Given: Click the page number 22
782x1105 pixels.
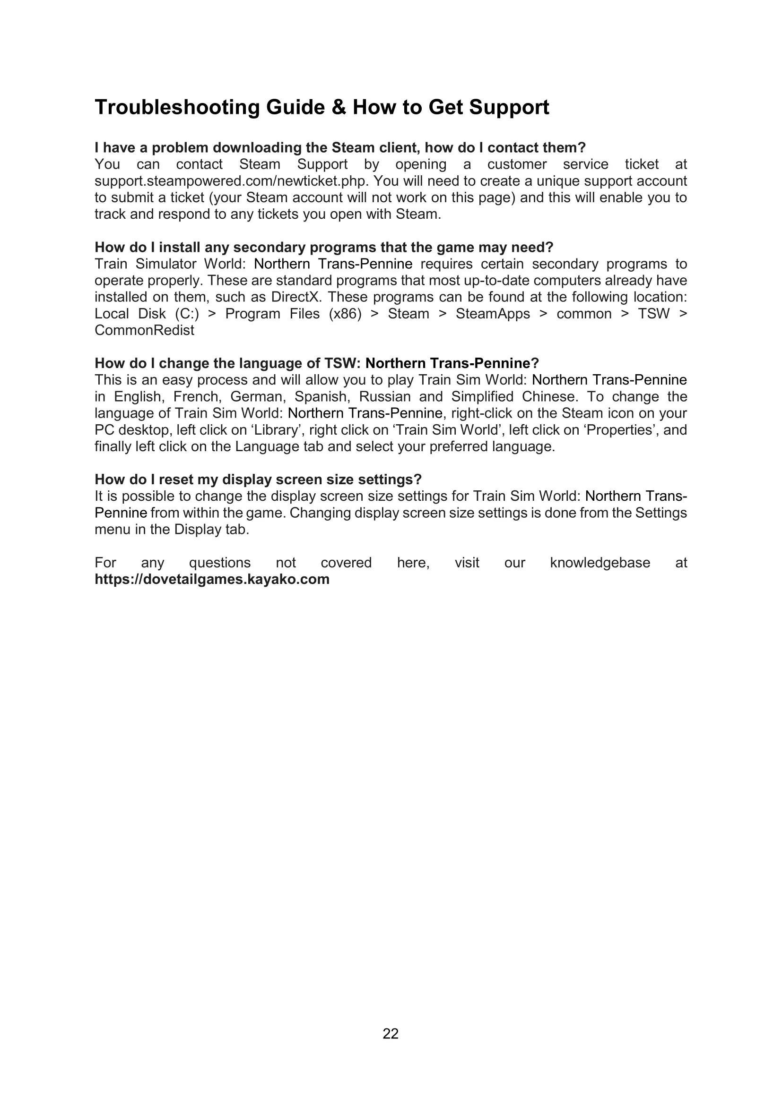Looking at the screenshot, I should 391,1034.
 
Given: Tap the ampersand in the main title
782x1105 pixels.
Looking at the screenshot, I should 339,107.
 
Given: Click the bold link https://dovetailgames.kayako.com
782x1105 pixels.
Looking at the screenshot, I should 212,579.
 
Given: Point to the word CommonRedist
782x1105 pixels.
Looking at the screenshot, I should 145,330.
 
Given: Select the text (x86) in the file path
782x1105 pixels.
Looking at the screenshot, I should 345,314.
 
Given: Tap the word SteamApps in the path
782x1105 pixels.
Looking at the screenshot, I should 493,314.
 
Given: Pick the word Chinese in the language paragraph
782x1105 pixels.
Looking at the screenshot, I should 548,396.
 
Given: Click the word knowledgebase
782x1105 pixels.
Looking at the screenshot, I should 600,563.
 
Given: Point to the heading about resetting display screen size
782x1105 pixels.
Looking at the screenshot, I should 258,480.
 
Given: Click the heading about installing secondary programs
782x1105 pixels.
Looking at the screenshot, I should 323,248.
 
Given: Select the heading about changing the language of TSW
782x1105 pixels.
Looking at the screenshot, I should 316,363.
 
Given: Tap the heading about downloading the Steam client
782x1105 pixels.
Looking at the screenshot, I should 340,148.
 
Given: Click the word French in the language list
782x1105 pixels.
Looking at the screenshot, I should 196,396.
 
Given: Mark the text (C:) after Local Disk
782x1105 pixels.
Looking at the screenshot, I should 187,314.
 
